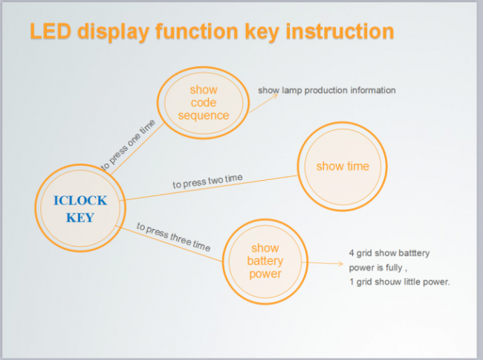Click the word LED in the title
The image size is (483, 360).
coord(51,31)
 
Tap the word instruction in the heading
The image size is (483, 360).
coord(340,31)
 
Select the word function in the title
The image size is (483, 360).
coord(196,31)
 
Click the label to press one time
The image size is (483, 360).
coord(128,145)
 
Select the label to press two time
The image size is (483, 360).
coord(207,181)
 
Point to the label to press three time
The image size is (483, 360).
coord(173,237)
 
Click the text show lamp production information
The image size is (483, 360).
coord(327,90)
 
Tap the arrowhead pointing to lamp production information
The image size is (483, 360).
coord(275,95)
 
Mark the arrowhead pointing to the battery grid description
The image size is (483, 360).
coord(340,263)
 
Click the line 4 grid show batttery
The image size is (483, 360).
coord(389,253)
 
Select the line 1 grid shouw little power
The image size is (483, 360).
coord(399,282)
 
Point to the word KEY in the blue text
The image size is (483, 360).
coord(80,218)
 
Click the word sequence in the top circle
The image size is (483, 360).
coord(204,115)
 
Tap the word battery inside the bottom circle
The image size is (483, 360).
coord(265,261)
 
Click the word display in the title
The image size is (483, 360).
coord(113,32)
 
